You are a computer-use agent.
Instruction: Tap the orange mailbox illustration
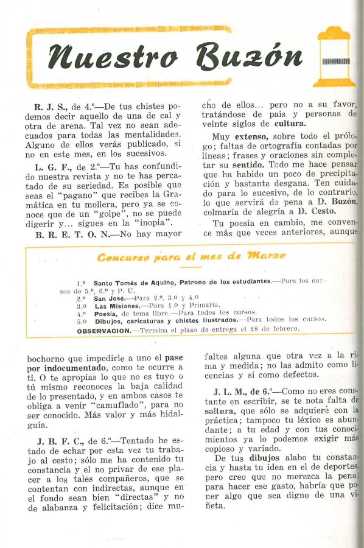point(335,58)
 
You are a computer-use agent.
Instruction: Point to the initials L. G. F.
point(48,166)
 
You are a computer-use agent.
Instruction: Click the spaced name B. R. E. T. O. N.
point(72,234)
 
